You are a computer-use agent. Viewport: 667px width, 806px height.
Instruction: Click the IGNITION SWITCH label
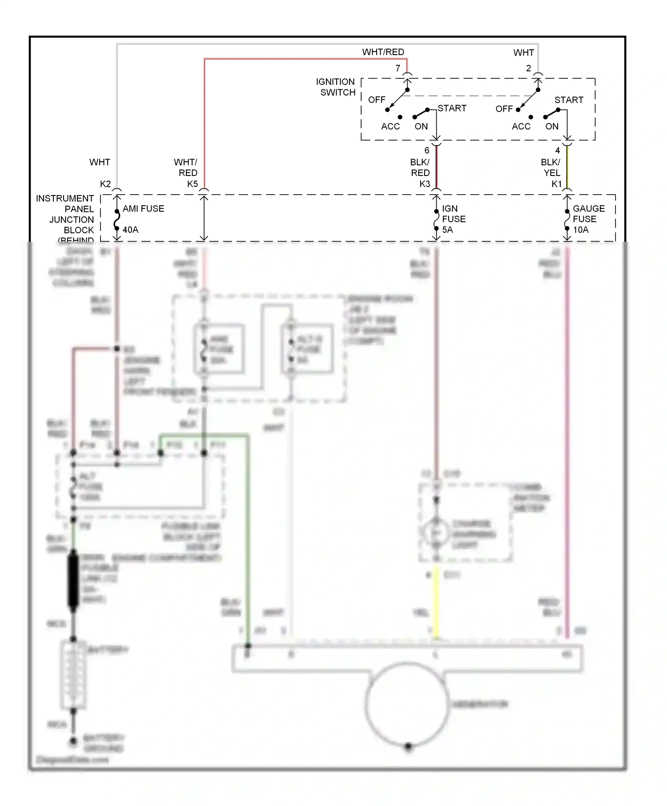pyautogui.click(x=336, y=87)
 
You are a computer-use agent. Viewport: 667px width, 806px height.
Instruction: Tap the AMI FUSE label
pyautogui.click(x=143, y=208)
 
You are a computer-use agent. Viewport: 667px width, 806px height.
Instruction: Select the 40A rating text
pyautogui.click(x=130, y=230)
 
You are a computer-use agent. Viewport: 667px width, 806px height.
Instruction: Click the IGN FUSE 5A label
pyautogui.click(x=453, y=219)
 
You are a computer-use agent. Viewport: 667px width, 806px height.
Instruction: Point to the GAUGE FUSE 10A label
pyautogui.click(x=588, y=219)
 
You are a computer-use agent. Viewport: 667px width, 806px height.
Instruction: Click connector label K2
pyautogui.click(x=105, y=184)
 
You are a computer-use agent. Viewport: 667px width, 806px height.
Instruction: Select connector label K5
pyautogui.click(x=192, y=184)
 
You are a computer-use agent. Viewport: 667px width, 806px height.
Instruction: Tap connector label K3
pyautogui.click(x=425, y=184)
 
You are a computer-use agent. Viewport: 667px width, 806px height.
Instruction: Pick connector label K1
pyautogui.click(x=557, y=184)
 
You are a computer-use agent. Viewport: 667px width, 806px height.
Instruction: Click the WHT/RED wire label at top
pyautogui.click(x=383, y=52)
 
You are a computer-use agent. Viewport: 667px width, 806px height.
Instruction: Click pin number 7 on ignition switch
pyautogui.click(x=398, y=68)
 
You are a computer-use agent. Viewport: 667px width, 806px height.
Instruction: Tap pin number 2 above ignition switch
pyautogui.click(x=528, y=68)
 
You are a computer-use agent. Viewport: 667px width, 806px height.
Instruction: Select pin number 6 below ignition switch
pyautogui.click(x=427, y=151)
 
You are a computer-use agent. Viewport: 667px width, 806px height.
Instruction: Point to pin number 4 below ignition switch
pyautogui.click(x=558, y=151)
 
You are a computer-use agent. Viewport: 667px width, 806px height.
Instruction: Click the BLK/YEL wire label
pyautogui.click(x=551, y=168)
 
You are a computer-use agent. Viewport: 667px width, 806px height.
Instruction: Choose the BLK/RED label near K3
pyautogui.click(x=420, y=168)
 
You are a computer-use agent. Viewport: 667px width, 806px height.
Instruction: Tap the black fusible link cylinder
pyautogui.click(x=73, y=580)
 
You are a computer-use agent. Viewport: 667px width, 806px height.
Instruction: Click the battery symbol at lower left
pyautogui.click(x=73, y=675)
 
